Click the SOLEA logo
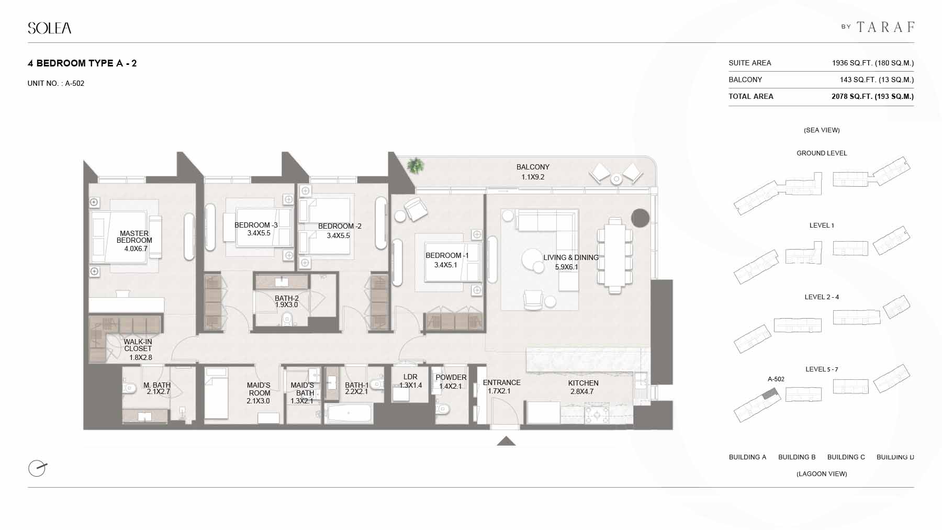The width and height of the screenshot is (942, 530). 50,28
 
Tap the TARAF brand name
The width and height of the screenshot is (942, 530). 885,27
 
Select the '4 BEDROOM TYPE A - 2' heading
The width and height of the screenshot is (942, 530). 82,63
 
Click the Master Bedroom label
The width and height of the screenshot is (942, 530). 134,237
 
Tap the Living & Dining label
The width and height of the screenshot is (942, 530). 571,257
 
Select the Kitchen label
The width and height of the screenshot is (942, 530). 584,383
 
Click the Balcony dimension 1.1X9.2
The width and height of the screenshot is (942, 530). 533,177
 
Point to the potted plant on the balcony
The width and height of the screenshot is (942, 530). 416,165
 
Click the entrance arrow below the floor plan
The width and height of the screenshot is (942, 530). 506,441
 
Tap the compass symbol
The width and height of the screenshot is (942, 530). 37,468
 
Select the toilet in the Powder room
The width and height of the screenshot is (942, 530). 443,409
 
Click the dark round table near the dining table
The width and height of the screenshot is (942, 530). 640,218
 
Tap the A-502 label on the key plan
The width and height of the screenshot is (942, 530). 776,379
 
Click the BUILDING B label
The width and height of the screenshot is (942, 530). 797,457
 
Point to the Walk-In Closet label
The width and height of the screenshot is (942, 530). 138,345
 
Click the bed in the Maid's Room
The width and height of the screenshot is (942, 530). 216,393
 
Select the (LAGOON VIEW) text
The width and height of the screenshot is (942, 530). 822,473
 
